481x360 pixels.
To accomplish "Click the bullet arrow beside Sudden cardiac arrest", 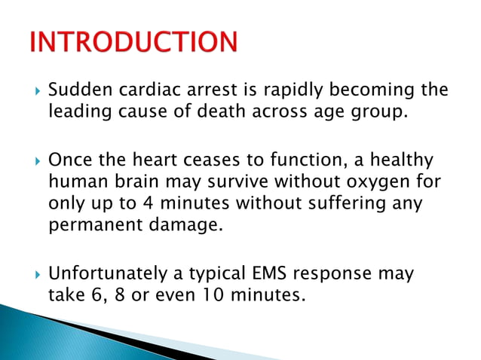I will (35, 92).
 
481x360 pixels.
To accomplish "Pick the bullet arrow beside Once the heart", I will (35, 162).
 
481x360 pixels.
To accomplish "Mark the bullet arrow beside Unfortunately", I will (35, 274).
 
